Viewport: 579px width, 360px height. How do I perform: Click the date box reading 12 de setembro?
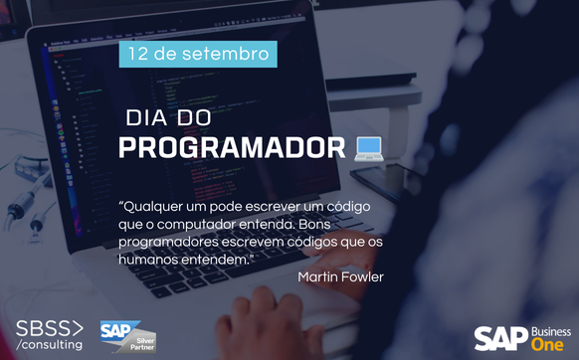tap(198, 54)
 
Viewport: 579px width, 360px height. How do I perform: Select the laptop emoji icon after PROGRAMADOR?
tap(369, 147)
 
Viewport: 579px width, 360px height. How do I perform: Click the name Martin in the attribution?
tap(318, 276)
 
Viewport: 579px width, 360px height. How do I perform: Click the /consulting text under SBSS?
tap(50, 344)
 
